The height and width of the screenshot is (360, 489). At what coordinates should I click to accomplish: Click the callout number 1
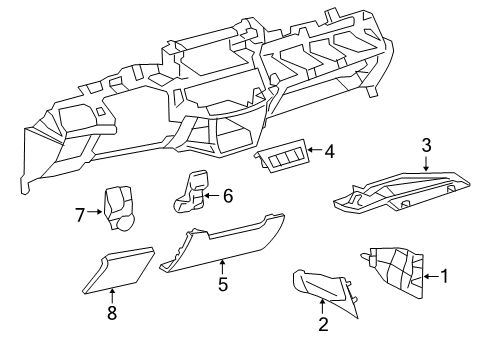[x=444, y=276]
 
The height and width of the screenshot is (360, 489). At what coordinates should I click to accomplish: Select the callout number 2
[x=323, y=324]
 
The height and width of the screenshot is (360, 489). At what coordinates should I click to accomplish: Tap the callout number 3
[x=426, y=146]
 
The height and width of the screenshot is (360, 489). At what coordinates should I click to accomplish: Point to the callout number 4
[x=329, y=152]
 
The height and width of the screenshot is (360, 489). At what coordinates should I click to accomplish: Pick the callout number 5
[x=223, y=284]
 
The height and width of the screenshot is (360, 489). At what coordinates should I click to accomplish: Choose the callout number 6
[x=228, y=196]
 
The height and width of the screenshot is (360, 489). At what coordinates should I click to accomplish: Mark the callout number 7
[x=80, y=215]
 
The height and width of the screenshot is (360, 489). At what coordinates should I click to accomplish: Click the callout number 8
[x=112, y=313]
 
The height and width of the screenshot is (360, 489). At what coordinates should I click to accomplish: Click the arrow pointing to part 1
[x=431, y=276]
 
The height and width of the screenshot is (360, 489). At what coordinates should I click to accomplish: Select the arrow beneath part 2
[x=322, y=307]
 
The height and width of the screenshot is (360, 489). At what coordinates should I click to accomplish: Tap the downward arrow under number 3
[x=426, y=163]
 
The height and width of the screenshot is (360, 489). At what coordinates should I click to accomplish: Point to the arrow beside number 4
[x=315, y=149]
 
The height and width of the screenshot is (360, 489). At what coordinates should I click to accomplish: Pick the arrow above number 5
[x=222, y=268]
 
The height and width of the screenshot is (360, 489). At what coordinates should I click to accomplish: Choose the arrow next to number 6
[x=212, y=196]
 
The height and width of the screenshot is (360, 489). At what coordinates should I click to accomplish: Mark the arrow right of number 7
[x=94, y=211]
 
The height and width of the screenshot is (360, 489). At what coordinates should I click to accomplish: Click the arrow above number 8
[x=112, y=296]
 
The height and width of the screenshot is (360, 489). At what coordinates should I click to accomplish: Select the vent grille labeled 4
[x=281, y=155]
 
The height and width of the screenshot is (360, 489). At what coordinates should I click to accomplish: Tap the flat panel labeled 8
[x=118, y=270]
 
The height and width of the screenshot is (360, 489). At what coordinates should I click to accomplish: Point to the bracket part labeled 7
[x=118, y=208]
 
